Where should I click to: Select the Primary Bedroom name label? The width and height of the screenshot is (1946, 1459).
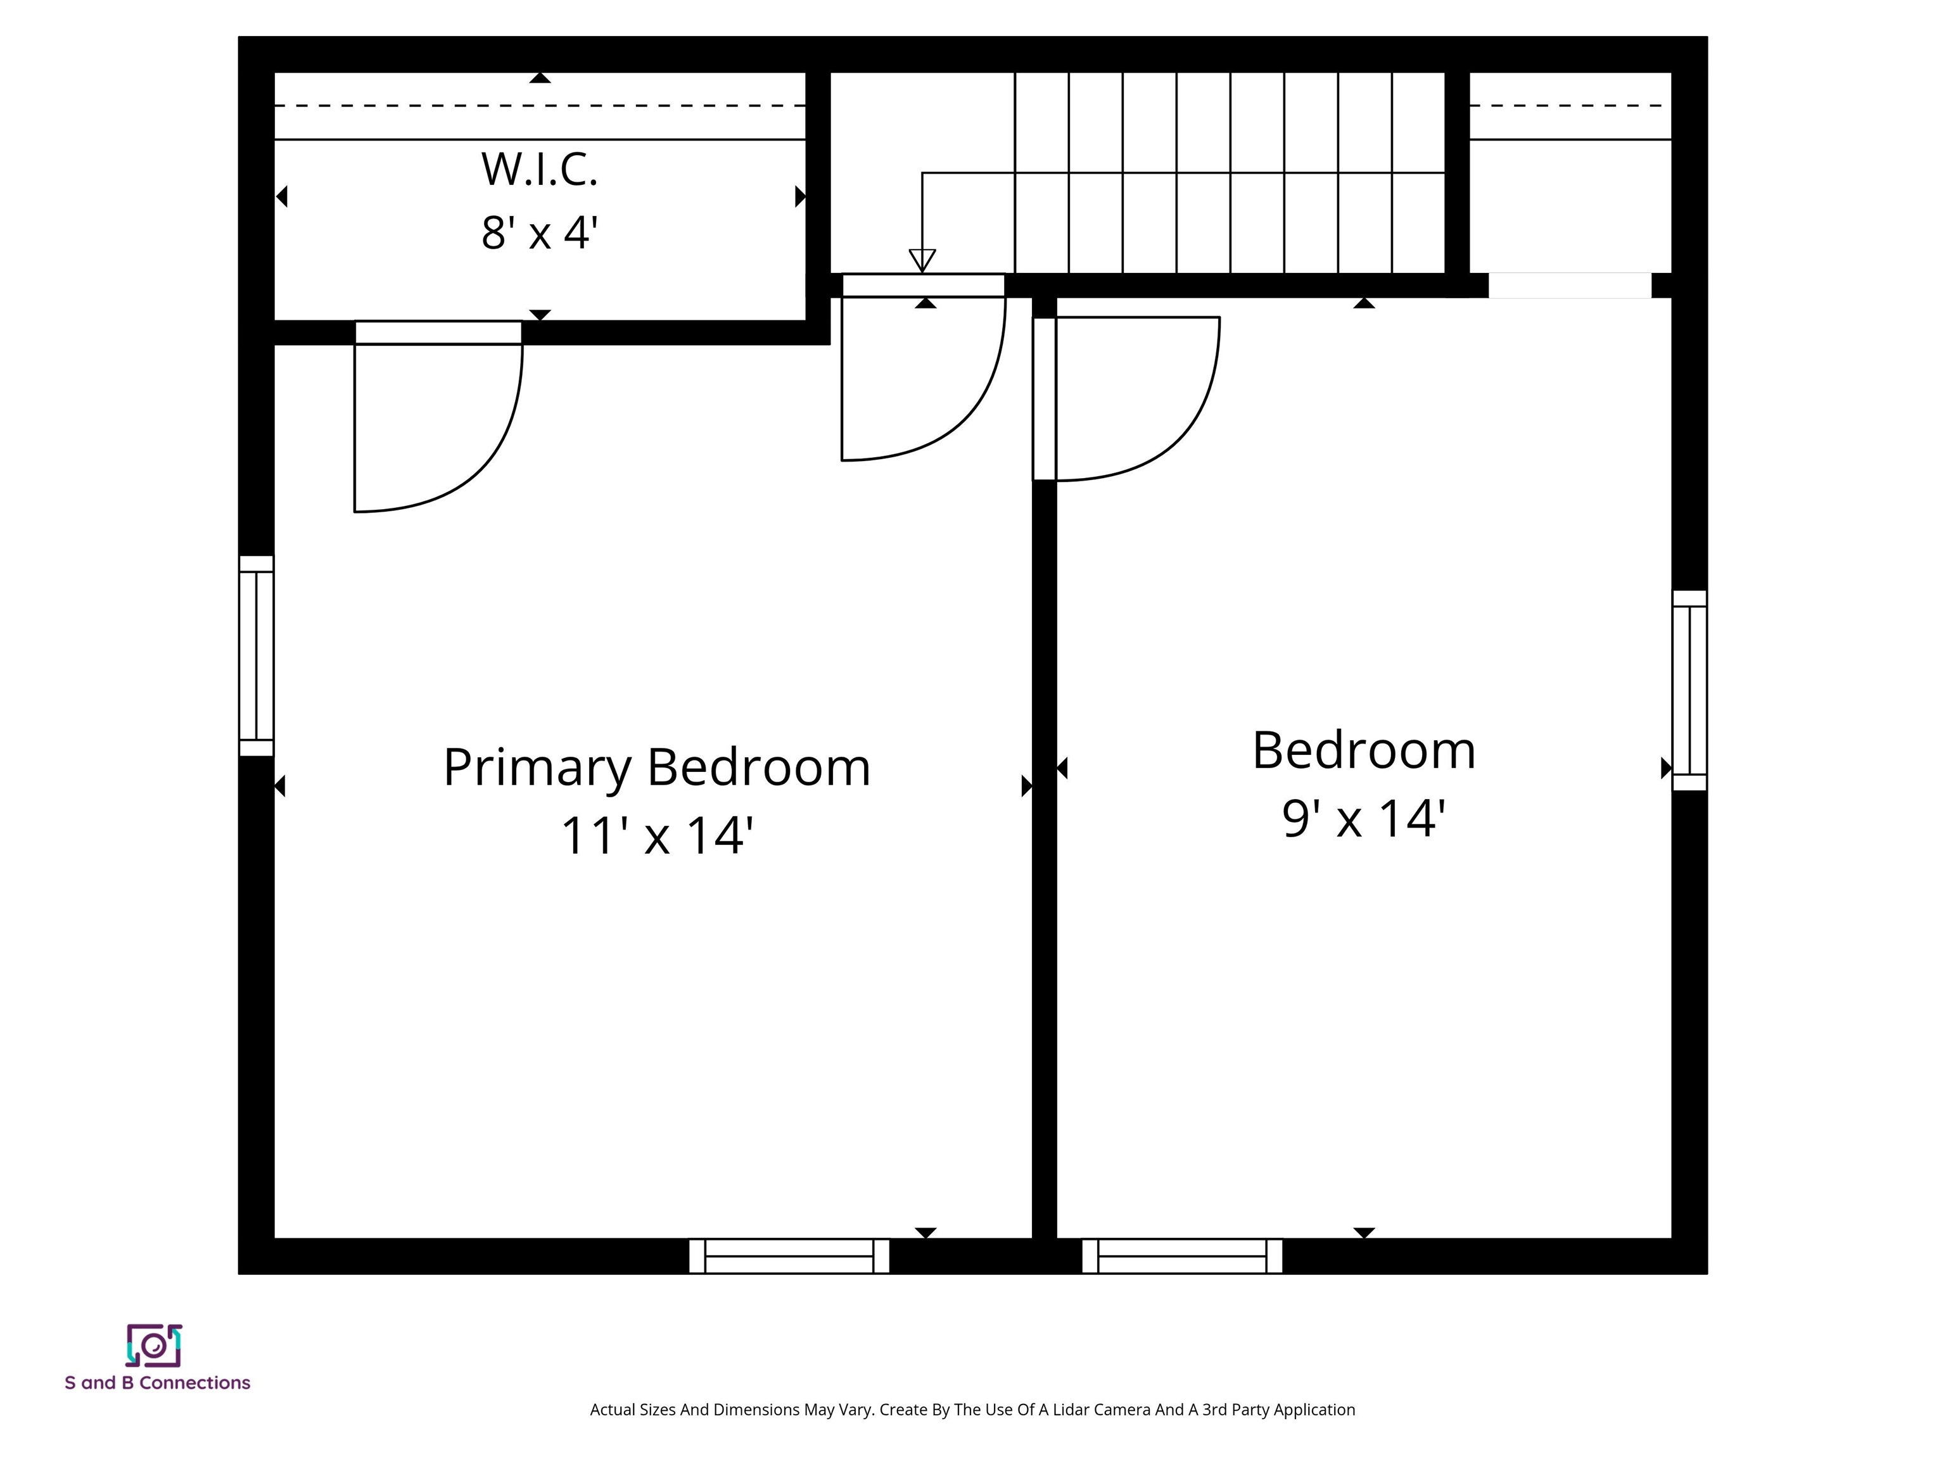(656, 767)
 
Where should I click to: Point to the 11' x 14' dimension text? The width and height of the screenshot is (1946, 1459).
(656, 835)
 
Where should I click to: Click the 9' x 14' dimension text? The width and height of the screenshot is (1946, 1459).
(1364, 818)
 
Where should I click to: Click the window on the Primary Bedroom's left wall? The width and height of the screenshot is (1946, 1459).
(256, 656)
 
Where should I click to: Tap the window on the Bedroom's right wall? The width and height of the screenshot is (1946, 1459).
(1689, 690)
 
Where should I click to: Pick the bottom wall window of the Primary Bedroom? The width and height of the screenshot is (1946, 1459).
(789, 1256)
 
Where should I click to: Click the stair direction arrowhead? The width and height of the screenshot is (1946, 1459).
(922, 261)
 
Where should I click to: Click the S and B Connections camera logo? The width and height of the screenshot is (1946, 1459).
(154, 1346)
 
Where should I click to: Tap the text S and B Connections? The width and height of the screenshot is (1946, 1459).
(158, 1384)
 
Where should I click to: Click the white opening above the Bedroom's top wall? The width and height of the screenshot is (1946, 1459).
(1570, 286)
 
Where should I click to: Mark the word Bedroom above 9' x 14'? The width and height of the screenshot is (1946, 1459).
(1364, 751)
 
